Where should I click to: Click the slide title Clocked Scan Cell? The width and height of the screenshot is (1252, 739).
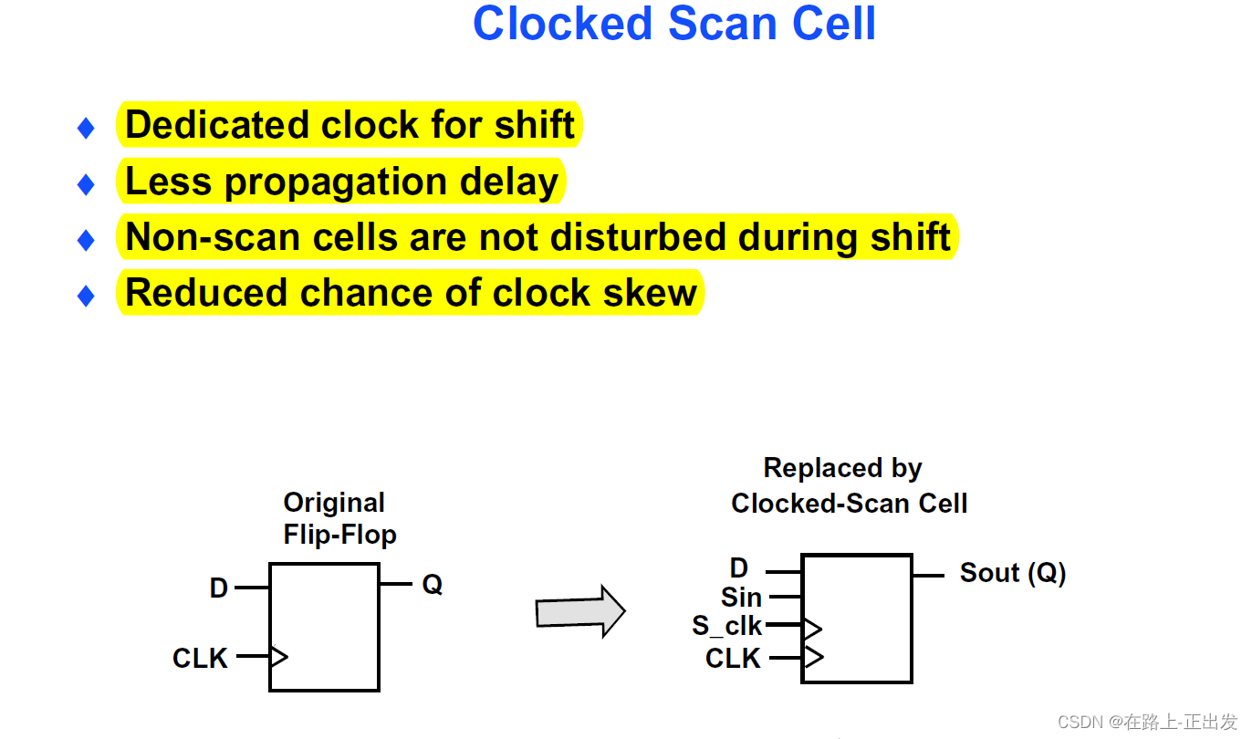[673, 25]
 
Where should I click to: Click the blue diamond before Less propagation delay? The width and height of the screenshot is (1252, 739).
[86, 184]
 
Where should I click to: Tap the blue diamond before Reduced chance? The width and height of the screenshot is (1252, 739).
[86, 296]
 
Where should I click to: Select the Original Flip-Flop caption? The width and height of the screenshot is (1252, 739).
[339, 518]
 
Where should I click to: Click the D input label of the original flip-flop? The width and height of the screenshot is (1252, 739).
[219, 588]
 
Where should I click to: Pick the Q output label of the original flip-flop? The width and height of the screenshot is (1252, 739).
[432, 585]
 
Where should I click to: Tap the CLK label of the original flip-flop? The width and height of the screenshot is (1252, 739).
[200, 658]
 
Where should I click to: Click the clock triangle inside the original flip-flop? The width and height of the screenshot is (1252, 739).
[279, 656]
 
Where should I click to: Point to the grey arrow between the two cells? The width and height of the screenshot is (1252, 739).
[580, 611]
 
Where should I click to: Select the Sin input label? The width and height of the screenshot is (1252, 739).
[741, 598]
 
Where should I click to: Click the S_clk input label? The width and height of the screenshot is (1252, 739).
[726, 626]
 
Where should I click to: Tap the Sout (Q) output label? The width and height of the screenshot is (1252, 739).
[1013, 573]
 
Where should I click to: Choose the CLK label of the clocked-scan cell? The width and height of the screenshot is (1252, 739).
[733, 658]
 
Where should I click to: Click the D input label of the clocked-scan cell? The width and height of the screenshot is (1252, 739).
[739, 568]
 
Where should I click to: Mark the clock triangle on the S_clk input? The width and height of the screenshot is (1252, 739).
[812, 628]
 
